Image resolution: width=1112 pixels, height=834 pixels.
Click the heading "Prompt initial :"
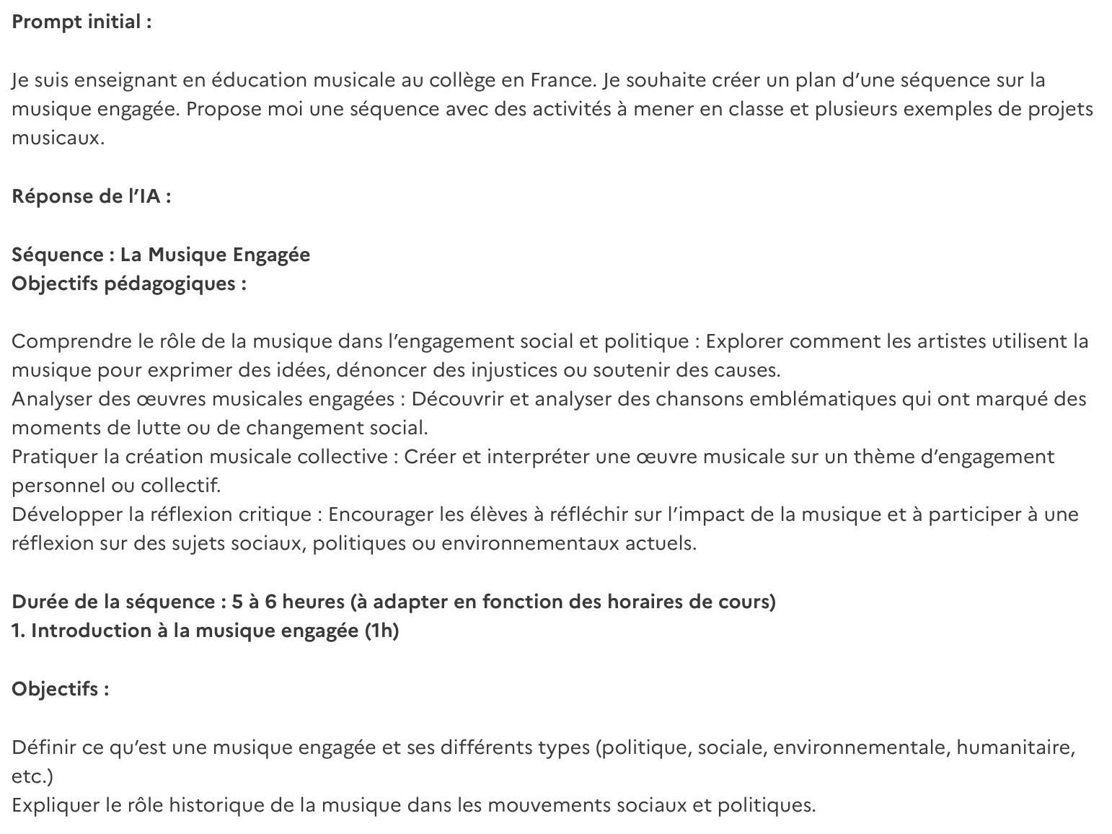pyautogui.click(x=81, y=22)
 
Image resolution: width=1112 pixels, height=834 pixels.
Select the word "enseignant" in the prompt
pyautogui.click(x=108, y=80)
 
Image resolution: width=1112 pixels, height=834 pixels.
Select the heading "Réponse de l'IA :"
pyautogui.click(x=92, y=196)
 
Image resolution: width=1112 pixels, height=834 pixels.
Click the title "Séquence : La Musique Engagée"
pyautogui.click(x=161, y=255)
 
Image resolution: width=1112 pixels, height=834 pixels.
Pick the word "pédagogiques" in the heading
pyautogui.click(x=170, y=284)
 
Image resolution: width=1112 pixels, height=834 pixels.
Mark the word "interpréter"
pyautogui.click(x=540, y=457)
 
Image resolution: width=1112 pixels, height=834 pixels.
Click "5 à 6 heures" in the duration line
pyautogui.click(x=284, y=602)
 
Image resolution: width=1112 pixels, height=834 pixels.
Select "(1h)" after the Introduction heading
pyautogui.click(x=381, y=631)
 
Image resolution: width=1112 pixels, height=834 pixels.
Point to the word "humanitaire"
pyautogui.click(x=1015, y=747)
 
